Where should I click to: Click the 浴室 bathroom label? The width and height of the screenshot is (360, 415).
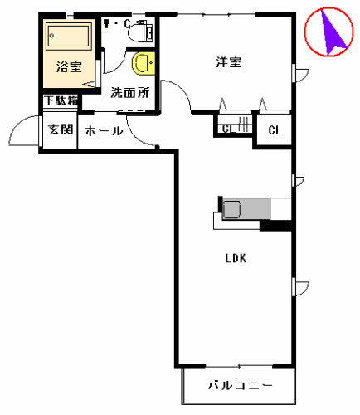point(68,67)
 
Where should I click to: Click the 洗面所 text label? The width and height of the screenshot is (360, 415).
point(129,92)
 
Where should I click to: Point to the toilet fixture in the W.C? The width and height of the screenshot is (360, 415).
point(144,31)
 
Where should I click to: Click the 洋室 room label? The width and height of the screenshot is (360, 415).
point(229,62)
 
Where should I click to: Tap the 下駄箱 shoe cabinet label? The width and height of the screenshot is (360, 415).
point(61,101)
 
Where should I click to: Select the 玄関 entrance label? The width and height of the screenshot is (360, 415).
point(59,129)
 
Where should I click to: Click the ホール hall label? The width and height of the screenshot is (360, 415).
point(104,130)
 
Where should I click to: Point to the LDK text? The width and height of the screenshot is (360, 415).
point(236,258)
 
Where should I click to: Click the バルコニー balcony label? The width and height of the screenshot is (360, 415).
point(239,387)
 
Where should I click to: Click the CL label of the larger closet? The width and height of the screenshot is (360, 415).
point(275,130)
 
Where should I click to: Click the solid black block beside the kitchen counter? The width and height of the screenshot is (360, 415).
point(276,224)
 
